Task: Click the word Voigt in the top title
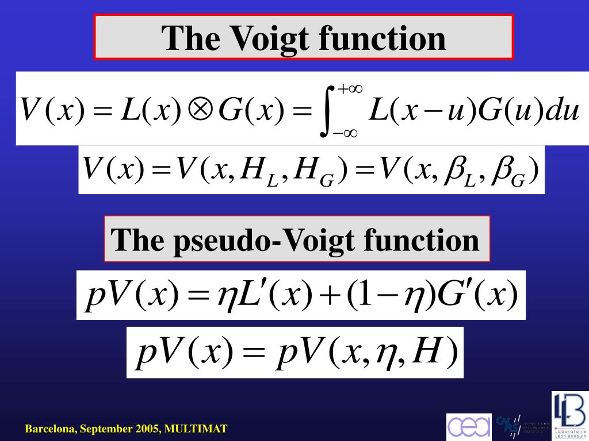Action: pyautogui.click(x=269, y=38)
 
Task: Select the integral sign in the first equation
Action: pyautogui.click(x=327, y=111)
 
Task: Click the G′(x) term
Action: pyautogui.click(x=478, y=295)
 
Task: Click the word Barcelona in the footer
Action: pyautogui.click(x=50, y=428)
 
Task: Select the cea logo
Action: pyautogui.click(x=469, y=427)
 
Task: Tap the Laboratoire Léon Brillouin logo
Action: pyautogui.click(x=569, y=415)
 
